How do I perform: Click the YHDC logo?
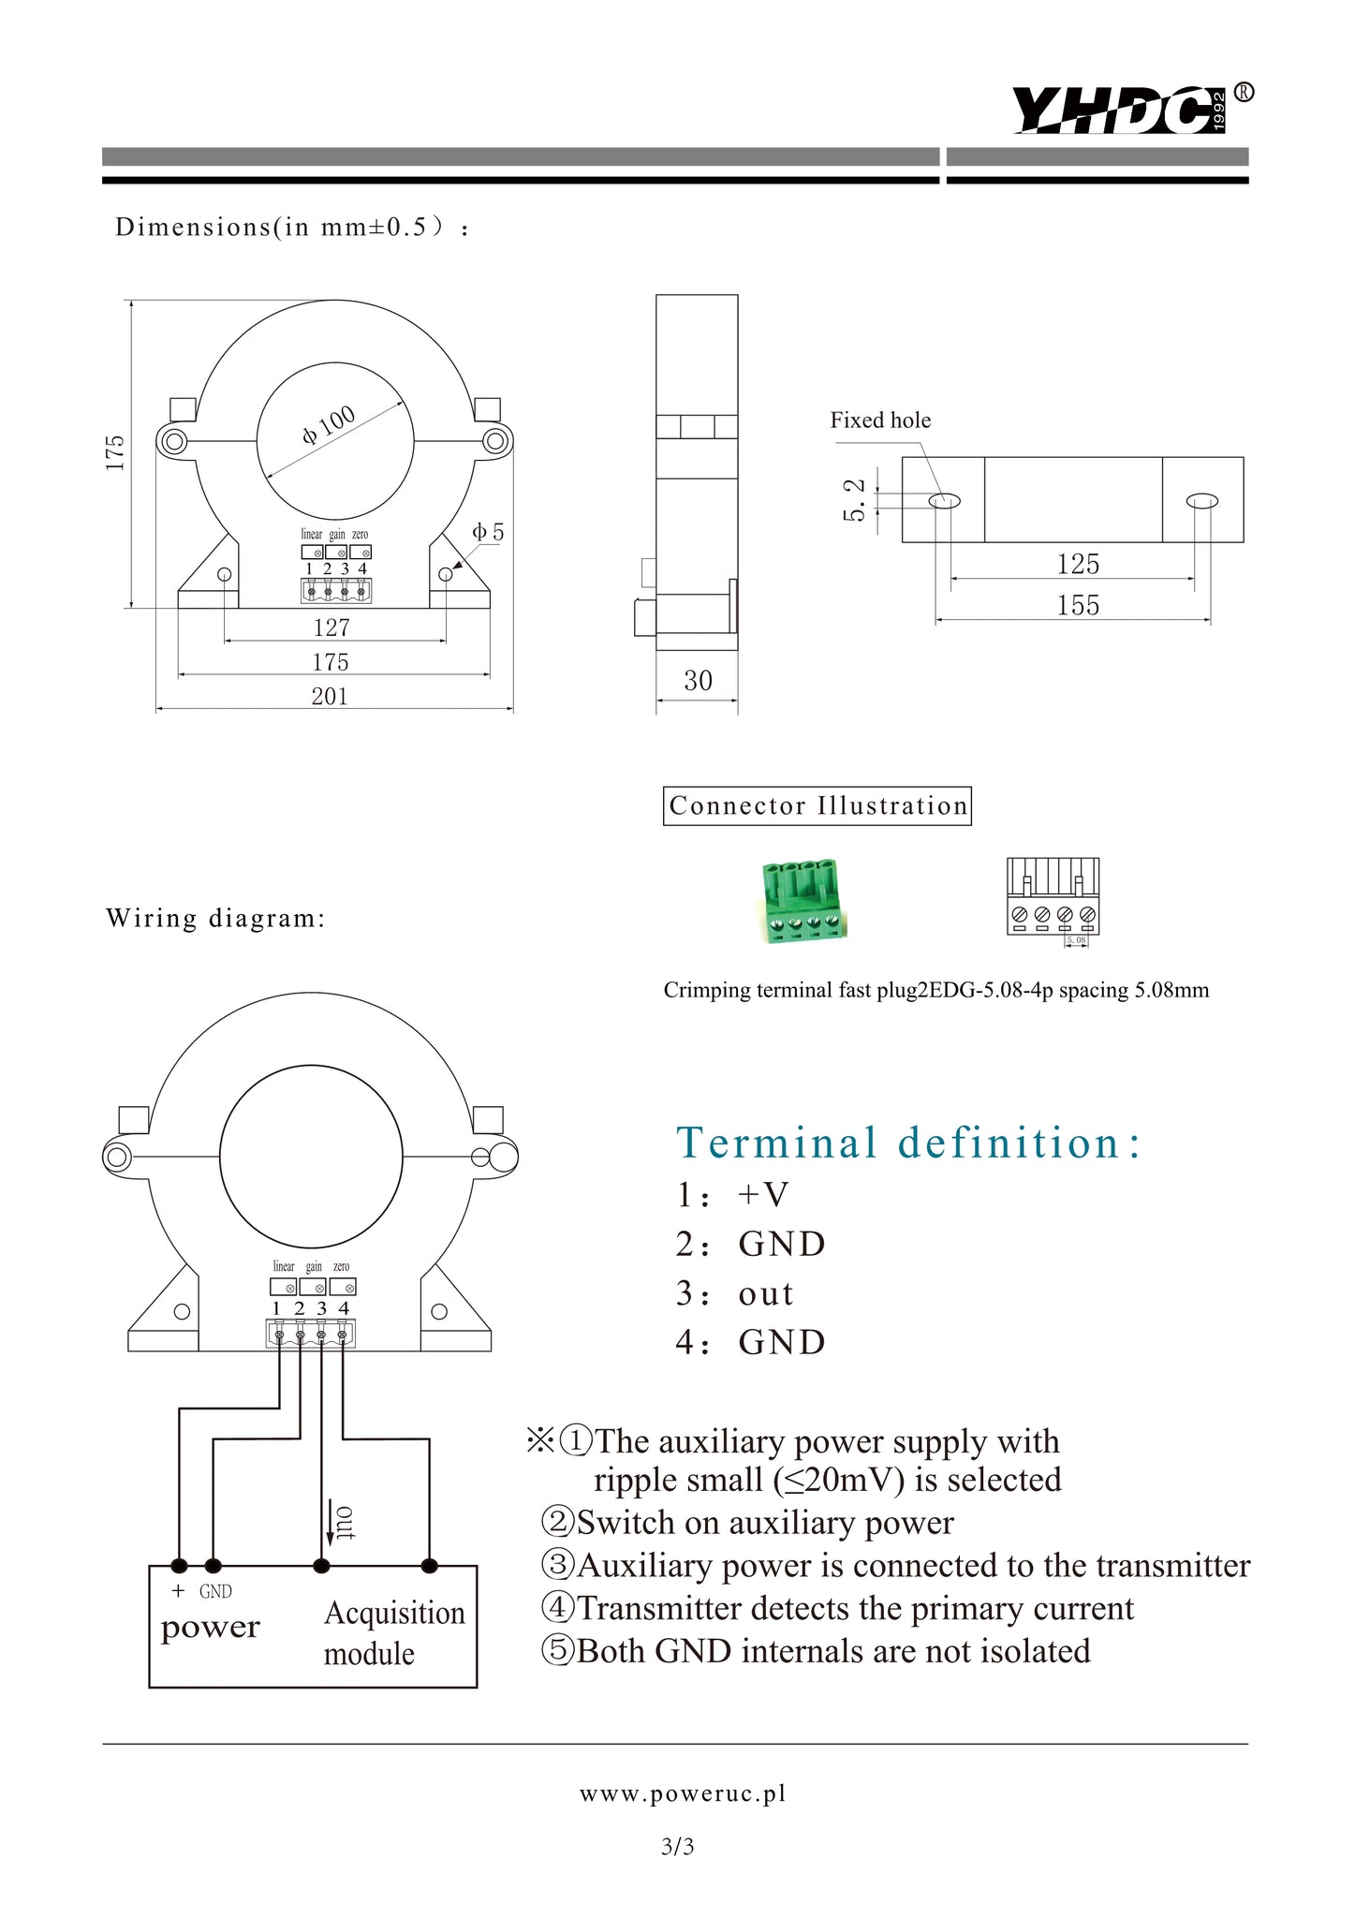point(1119,110)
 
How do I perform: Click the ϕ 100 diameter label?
point(329,424)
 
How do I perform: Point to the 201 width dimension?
point(330,696)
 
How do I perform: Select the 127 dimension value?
point(331,627)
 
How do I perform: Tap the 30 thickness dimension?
point(698,681)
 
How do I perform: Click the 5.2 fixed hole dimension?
point(854,499)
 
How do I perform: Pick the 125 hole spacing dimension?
point(1078,564)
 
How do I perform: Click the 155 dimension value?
point(1078,605)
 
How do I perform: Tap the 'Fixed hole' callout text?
point(880,420)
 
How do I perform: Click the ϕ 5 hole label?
point(488,533)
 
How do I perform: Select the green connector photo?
point(803,900)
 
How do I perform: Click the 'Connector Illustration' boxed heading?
point(817,805)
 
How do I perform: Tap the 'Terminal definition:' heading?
point(908,1143)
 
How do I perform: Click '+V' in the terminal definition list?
point(763,1194)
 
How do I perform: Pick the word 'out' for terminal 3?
point(766,1293)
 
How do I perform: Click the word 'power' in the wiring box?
point(210,1628)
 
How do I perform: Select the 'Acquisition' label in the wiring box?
point(394,1613)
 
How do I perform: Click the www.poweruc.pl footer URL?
point(683,1793)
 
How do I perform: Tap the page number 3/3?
point(677,1847)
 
